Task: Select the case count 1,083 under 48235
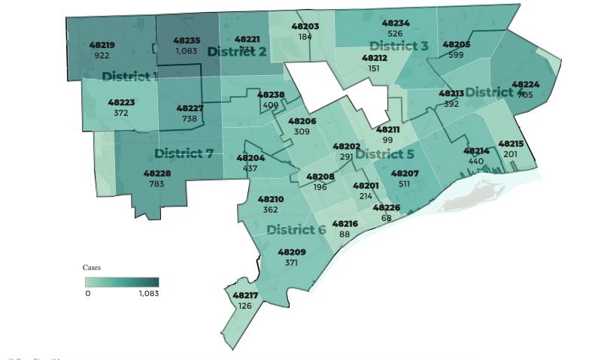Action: [186, 50]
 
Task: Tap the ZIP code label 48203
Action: [305, 26]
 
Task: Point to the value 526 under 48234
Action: [396, 33]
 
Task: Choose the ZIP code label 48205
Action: [457, 45]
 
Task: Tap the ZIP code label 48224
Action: [525, 85]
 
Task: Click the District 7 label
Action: [184, 153]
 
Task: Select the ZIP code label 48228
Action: [156, 174]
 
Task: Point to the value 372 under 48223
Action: [121, 113]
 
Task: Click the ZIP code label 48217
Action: [245, 295]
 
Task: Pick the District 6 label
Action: [296, 229]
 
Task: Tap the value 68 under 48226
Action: [387, 217]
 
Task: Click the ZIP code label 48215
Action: [511, 144]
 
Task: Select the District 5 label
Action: [384, 154]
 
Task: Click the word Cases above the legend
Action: [91, 267]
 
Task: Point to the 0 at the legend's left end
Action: [87, 293]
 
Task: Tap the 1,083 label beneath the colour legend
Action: [149, 293]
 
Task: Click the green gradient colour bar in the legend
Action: [121, 282]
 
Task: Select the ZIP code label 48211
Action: [388, 130]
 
